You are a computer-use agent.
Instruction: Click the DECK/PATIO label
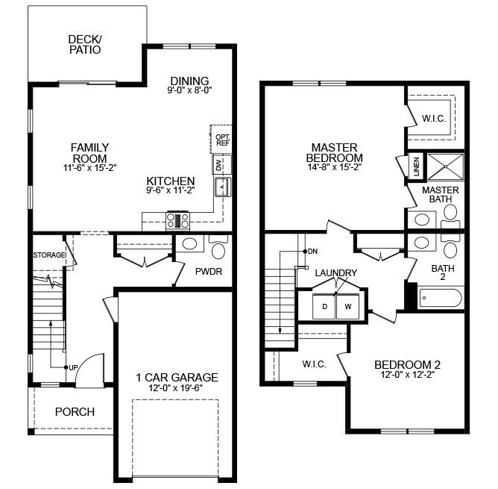coord(84,45)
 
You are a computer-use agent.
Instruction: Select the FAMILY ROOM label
coord(89,153)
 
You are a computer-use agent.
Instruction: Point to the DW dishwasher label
coord(218,165)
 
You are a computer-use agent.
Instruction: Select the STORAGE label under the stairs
coord(49,255)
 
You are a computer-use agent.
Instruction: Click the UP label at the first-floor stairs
coord(72,367)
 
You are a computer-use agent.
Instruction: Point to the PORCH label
coord(75,411)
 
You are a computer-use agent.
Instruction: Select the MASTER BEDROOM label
coord(334,153)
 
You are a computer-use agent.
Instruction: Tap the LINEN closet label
coord(416,167)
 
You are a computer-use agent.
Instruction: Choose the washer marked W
coord(347,305)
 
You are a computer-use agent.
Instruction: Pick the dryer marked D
coord(325,305)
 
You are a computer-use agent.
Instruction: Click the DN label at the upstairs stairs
coord(312,251)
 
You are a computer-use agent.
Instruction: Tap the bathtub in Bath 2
coord(440,298)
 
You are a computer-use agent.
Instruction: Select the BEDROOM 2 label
coord(407,364)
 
